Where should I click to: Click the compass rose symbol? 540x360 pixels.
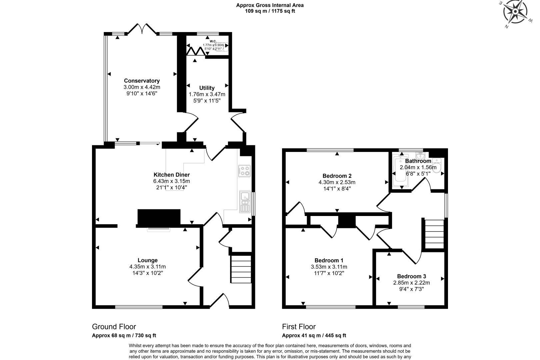coord(515,13)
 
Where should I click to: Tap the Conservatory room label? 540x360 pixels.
coord(142,81)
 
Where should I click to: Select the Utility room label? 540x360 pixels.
coord(207,88)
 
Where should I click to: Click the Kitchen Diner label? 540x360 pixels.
coord(171,175)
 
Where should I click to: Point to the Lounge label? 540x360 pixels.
coord(148,260)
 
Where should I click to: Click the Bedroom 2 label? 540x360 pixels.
coord(337,176)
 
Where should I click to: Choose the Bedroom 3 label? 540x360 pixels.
coord(411,276)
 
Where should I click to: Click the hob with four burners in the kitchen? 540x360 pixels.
coord(244,171)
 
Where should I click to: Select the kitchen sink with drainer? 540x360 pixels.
coord(245,201)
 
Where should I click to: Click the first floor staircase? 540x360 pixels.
coord(434,234)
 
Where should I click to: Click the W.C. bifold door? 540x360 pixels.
coord(195,51)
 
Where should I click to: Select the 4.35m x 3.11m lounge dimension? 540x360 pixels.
coord(148,267)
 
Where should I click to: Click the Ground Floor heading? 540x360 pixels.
coord(114,327)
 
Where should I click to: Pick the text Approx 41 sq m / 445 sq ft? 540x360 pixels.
coord(314,336)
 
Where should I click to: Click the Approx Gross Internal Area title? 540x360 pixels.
coord(270,5)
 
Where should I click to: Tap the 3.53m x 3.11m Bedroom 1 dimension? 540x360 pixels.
coord(329,267)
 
